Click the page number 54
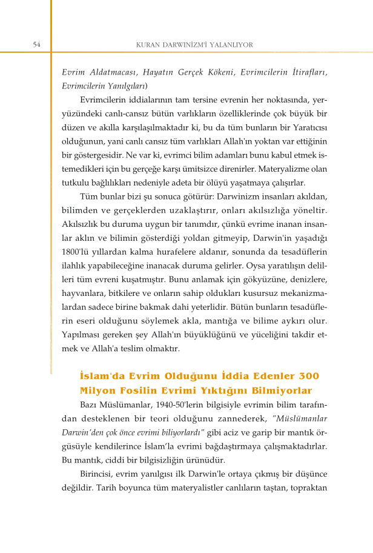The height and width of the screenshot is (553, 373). (x=36, y=45)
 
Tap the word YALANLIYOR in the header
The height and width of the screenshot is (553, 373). (x=232, y=45)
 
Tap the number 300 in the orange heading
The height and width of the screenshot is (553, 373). (x=306, y=377)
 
